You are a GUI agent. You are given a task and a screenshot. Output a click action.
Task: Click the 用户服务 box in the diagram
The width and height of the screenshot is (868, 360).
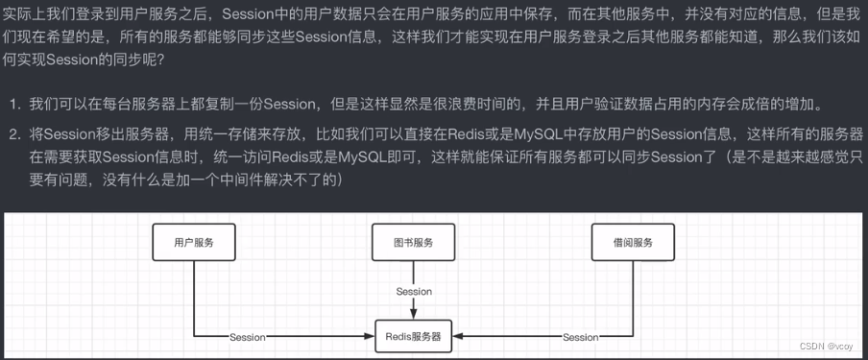194,243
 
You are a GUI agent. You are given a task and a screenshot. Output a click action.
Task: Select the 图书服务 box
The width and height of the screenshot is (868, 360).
413,243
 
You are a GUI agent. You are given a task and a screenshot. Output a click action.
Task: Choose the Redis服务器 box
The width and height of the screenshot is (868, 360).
413,337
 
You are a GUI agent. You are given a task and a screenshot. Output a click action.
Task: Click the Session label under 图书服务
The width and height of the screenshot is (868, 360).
414,291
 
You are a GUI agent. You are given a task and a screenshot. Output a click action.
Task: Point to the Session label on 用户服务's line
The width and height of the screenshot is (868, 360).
248,337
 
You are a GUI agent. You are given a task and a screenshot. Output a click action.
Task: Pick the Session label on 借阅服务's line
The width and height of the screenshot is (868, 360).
580,337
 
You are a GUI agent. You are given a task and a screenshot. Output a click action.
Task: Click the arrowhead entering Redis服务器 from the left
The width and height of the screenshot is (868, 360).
368,337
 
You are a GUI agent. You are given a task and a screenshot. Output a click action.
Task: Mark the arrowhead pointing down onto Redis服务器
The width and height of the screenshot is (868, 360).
414,313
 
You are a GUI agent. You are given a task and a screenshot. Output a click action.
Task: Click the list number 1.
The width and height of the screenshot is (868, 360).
14,104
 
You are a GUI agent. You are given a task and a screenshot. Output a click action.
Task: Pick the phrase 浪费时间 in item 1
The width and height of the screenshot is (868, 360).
464,104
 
